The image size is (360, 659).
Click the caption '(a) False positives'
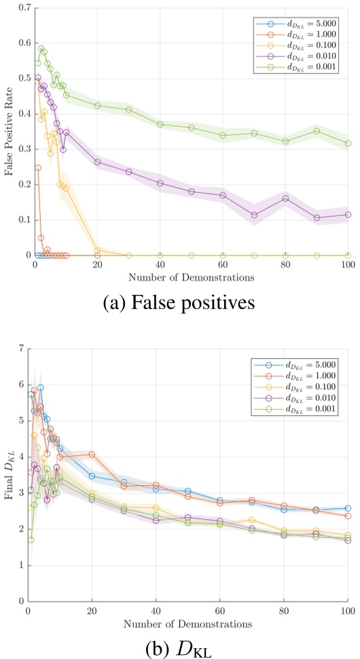[x=179, y=302]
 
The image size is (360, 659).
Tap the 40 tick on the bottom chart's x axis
[x=156, y=610]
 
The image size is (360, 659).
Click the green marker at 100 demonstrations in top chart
[x=348, y=143]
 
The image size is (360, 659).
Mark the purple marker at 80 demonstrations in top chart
[x=285, y=198]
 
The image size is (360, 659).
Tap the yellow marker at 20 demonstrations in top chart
[x=97, y=251]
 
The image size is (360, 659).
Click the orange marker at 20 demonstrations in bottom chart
[x=92, y=454]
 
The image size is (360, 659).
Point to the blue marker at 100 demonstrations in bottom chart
[x=348, y=507]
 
